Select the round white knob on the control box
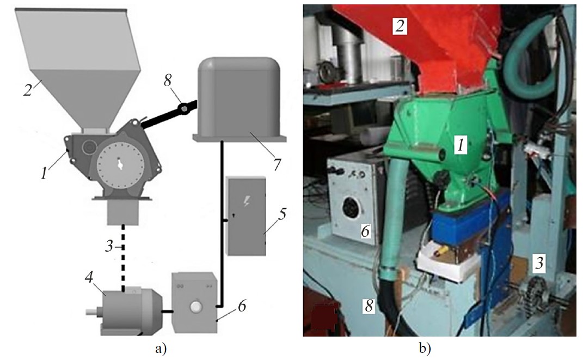195,308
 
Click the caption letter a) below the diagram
161,348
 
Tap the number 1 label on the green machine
460,145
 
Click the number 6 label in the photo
365,231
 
